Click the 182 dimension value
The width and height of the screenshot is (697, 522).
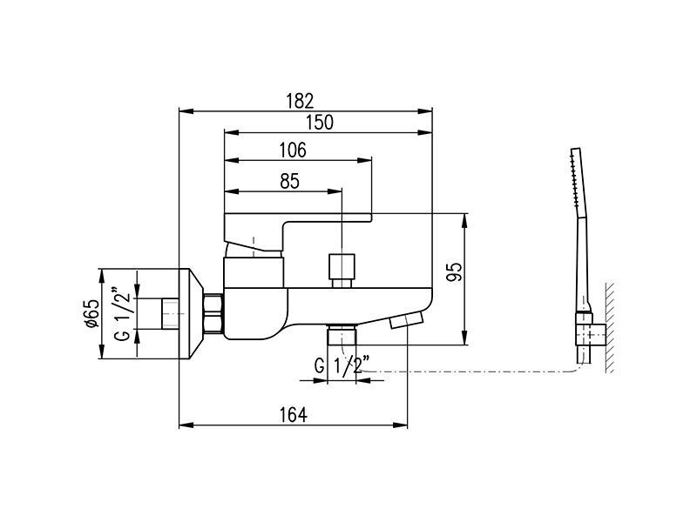(300, 101)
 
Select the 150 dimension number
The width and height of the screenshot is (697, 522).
(320, 122)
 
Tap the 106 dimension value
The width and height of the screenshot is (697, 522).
(293, 150)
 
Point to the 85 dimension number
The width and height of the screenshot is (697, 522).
(290, 181)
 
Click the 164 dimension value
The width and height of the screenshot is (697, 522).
(293, 415)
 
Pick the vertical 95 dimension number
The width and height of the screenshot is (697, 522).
(455, 271)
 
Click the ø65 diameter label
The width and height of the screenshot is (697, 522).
(91, 314)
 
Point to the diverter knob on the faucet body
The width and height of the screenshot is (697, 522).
(342, 271)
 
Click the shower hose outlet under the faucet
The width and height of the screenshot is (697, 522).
(342, 334)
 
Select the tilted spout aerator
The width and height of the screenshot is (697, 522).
(407, 320)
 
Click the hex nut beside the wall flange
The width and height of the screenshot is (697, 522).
(213, 313)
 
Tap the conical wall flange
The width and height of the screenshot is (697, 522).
(190, 314)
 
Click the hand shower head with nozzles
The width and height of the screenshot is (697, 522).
(578, 183)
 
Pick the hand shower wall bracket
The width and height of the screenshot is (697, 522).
(591, 329)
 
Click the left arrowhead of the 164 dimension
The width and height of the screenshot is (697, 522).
(186, 425)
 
